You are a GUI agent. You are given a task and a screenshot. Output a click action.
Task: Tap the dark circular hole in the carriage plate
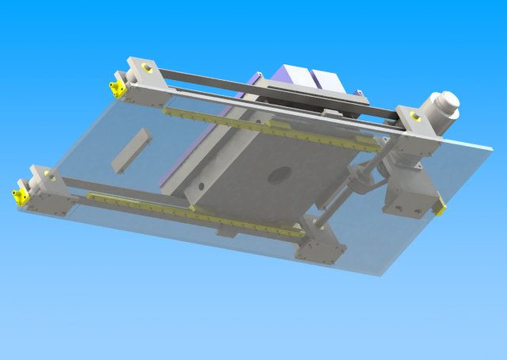[x=278, y=175]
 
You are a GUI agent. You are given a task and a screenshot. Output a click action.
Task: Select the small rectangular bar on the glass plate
[x=131, y=150]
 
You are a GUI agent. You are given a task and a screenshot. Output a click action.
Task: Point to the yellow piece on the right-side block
[x=440, y=207]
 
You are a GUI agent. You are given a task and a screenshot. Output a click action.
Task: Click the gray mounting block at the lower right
[x=408, y=198]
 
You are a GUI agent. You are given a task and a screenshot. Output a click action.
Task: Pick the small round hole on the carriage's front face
[x=200, y=187]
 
